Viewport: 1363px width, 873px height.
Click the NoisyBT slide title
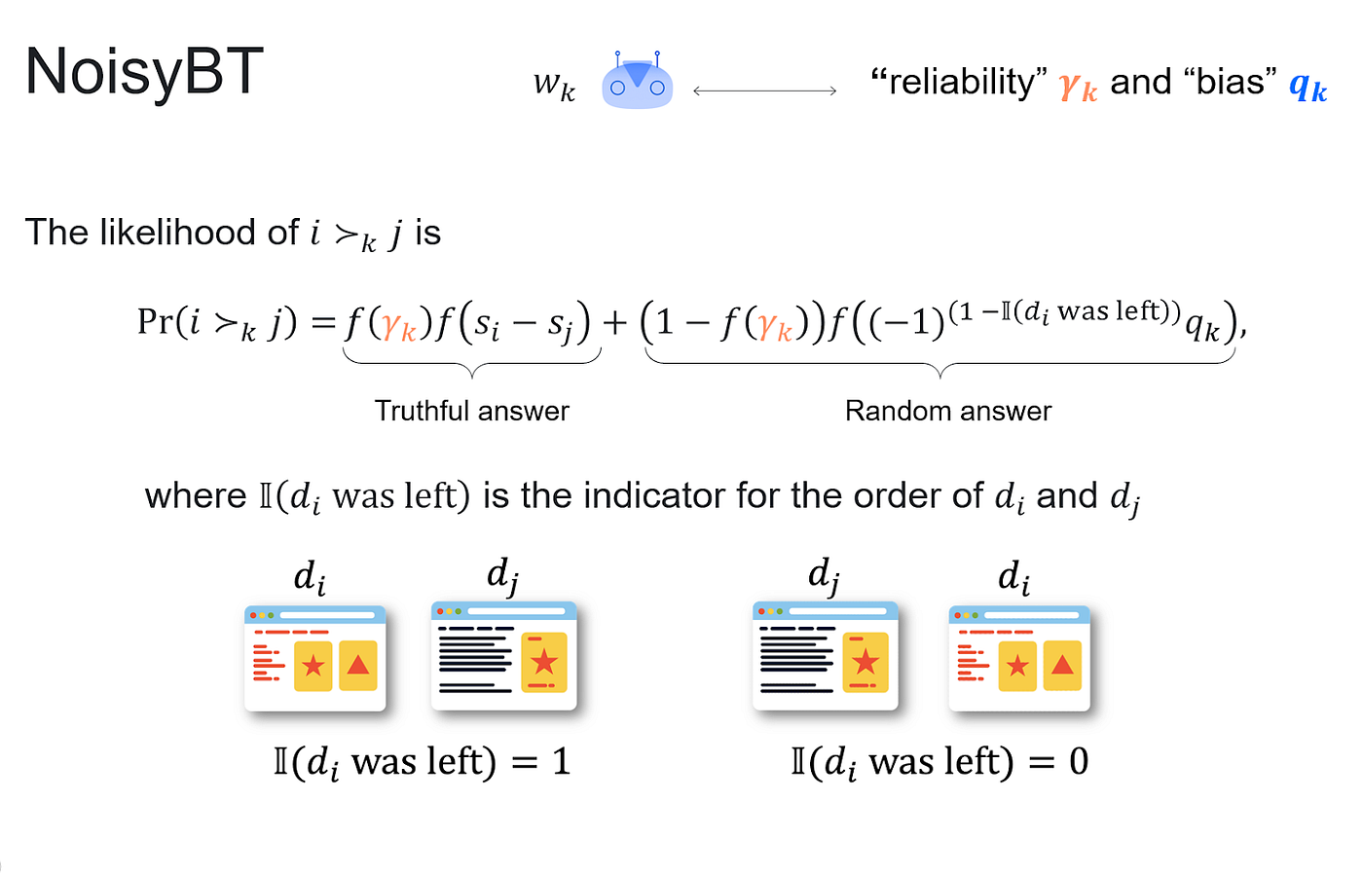pyautogui.click(x=144, y=72)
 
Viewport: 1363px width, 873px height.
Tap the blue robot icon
pyautogui.click(x=637, y=81)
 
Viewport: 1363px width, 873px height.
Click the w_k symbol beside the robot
pyautogui.click(x=554, y=86)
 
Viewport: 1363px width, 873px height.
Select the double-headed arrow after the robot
pyautogui.click(x=764, y=91)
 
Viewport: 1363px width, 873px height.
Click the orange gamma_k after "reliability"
pyautogui.click(x=1078, y=87)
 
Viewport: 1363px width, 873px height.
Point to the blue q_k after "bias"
pyautogui.click(x=1308, y=87)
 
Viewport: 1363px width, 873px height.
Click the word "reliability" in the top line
pyautogui.click(x=959, y=82)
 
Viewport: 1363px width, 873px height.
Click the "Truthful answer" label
pyautogui.click(x=471, y=411)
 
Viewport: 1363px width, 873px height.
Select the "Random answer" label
pyautogui.click(x=947, y=411)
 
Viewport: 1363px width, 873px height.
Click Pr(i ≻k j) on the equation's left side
pyautogui.click(x=217, y=322)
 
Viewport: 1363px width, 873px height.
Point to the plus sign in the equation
pyautogui.click(x=614, y=321)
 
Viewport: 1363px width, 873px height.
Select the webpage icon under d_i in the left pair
pyautogui.click(x=314, y=658)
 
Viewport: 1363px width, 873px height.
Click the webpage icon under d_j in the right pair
pyautogui.click(x=825, y=655)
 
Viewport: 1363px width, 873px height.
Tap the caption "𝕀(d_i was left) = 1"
pyautogui.click(x=422, y=762)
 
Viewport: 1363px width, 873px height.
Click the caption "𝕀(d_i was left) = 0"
pyautogui.click(x=939, y=762)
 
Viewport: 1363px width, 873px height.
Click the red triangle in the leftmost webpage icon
pyautogui.click(x=358, y=666)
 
